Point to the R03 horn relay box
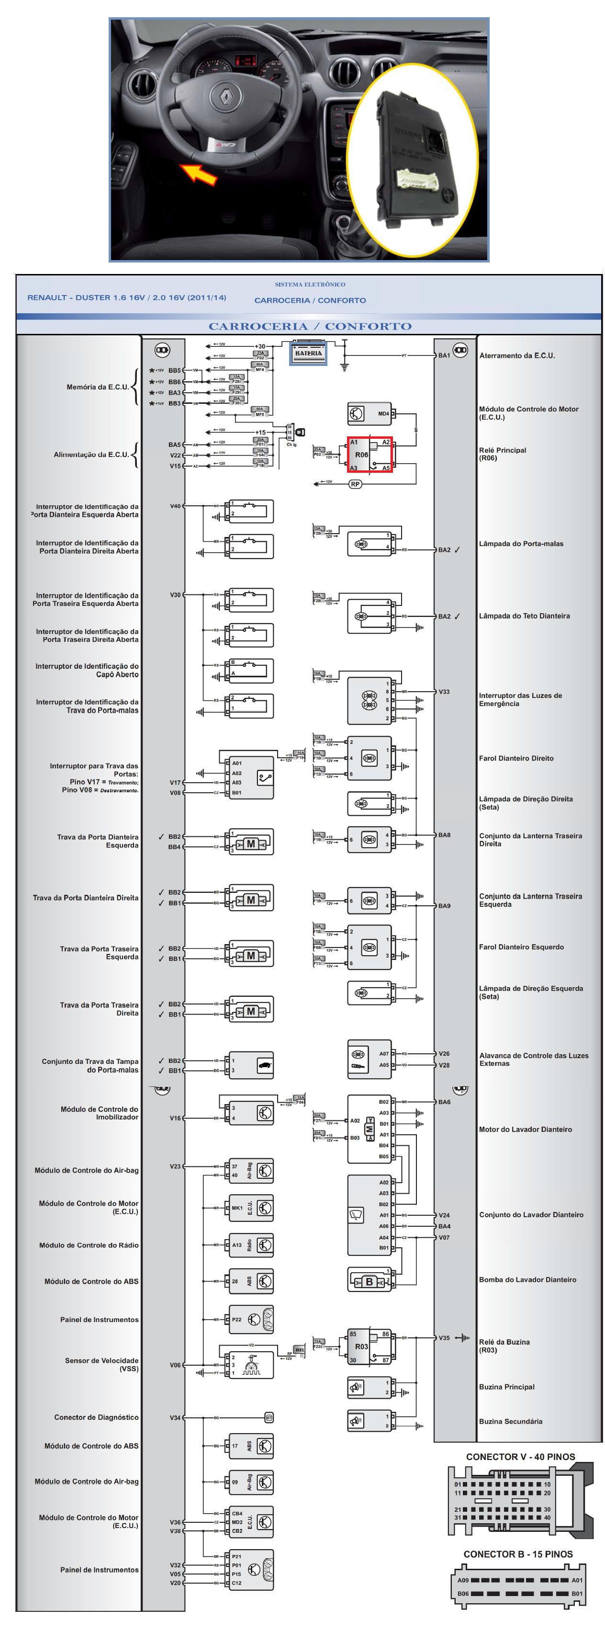point(369,1346)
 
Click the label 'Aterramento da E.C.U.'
point(517,355)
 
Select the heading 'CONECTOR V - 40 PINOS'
point(520,1457)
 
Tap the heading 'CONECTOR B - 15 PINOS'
point(518,1554)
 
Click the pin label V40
point(175,506)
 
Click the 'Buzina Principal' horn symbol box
point(369,1387)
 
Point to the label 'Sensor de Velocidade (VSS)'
point(101,1364)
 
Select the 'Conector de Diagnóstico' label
point(96,1417)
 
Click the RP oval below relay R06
point(355,484)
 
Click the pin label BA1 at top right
point(444,355)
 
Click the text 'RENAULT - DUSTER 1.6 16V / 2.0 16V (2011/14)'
point(127,297)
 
